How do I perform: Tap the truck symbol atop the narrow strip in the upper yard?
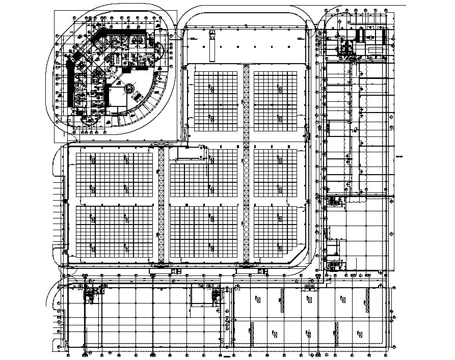[211, 34]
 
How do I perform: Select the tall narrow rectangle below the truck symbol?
[211, 49]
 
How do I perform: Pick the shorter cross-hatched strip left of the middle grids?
[162, 206]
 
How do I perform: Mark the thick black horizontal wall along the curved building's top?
[122, 32]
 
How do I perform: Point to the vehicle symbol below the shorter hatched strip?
[176, 271]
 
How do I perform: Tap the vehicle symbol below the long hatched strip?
[262, 271]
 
